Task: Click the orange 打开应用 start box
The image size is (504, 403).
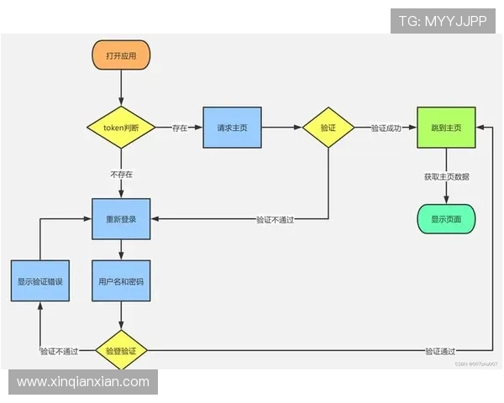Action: (121, 55)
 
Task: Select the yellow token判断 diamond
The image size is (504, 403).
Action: (121, 128)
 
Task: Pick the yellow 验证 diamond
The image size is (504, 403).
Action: (328, 128)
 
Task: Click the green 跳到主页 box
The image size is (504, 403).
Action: (446, 128)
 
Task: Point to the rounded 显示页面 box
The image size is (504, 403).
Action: (446, 218)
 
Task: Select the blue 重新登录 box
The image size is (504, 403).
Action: (121, 218)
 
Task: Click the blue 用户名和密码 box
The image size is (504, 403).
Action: (121, 282)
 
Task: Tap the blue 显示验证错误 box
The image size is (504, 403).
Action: (39, 282)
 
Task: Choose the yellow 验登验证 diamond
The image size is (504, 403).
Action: (121, 350)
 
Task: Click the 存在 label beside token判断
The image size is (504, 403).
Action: (180, 128)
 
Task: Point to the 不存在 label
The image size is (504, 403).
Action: (121, 175)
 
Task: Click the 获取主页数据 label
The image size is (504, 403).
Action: (446, 176)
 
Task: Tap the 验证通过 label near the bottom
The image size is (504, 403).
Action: (440, 351)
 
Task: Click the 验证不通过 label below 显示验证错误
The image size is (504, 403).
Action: (59, 351)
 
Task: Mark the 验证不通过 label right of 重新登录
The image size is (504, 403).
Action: (281, 219)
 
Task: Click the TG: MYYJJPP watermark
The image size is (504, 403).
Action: (443, 21)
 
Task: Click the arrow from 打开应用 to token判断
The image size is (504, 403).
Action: (121, 87)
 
